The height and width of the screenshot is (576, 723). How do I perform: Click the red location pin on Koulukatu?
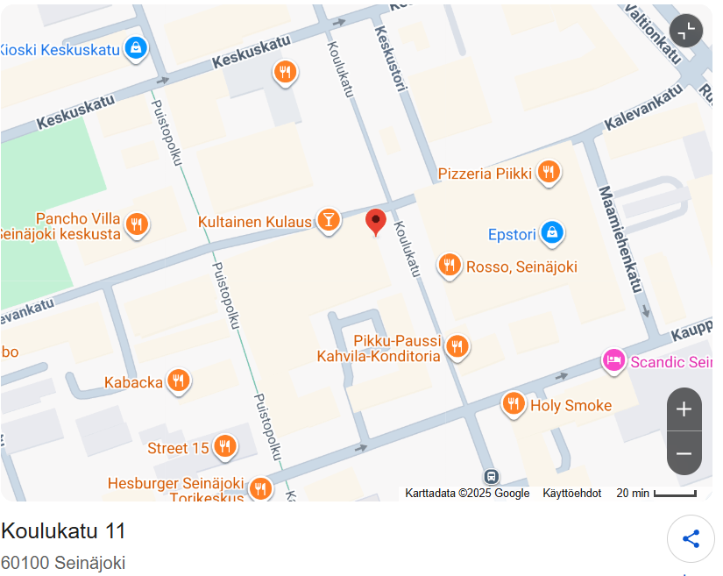pos(376,221)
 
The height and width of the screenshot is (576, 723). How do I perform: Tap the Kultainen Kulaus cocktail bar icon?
pos(328,220)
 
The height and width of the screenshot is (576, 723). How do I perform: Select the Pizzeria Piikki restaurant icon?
pos(549,172)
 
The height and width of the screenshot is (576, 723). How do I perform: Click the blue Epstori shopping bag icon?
pos(551,232)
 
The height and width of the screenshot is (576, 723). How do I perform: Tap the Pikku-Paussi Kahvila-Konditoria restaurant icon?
pos(457,346)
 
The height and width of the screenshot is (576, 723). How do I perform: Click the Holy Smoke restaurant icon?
pos(514,403)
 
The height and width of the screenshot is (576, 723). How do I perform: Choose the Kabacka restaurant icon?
pos(179,380)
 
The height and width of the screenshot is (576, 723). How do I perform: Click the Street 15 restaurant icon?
pos(225,446)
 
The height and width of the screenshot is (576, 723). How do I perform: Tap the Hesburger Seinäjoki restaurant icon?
pos(259,487)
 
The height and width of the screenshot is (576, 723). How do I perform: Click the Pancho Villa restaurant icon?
pos(136,224)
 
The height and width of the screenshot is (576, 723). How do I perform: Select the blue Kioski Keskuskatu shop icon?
pos(135,48)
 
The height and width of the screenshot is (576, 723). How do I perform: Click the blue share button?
pos(691,538)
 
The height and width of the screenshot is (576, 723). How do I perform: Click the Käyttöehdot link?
pos(571,494)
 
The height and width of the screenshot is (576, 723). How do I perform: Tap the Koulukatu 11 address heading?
pos(63,531)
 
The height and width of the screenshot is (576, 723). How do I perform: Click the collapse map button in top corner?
pos(686,30)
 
